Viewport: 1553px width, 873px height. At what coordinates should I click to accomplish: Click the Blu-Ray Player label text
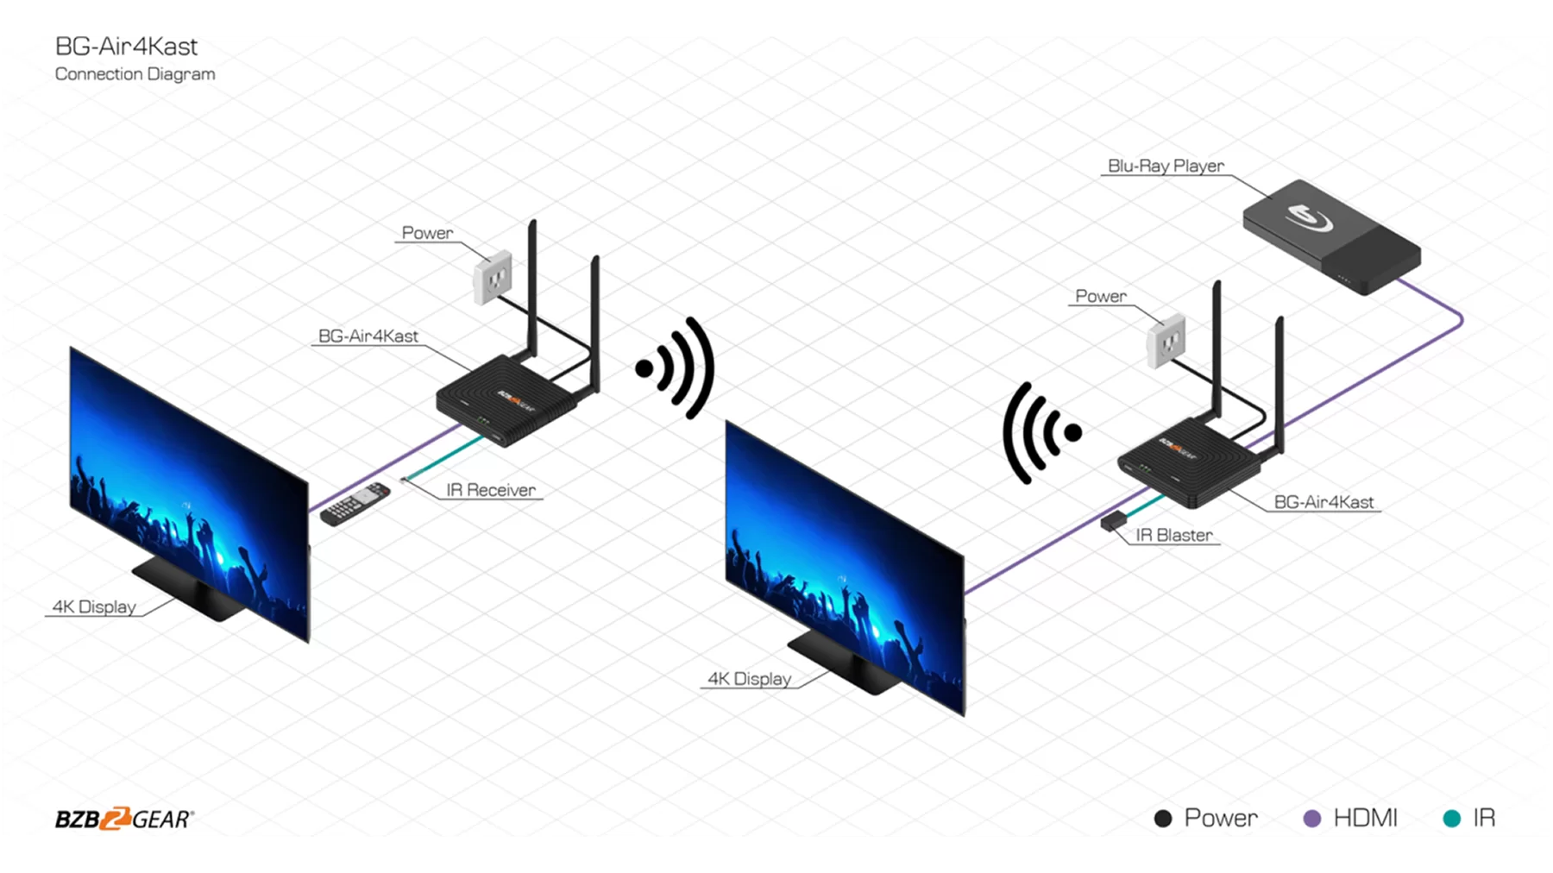click(1166, 166)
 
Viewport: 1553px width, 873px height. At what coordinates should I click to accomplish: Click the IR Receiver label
click(490, 490)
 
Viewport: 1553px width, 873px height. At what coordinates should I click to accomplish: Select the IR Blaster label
click(1173, 535)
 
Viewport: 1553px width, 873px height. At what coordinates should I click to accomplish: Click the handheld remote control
click(355, 505)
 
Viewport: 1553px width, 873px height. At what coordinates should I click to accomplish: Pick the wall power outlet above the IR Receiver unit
click(493, 277)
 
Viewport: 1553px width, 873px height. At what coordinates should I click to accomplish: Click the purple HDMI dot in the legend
click(1311, 819)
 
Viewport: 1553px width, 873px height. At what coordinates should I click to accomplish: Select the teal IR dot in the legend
click(1452, 819)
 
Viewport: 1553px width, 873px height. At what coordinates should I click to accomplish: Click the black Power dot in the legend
click(1163, 819)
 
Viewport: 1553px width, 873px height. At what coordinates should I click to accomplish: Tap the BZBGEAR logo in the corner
click(124, 819)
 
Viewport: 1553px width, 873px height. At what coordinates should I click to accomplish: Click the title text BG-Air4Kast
click(126, 47)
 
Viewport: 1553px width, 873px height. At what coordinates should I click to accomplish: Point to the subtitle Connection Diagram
click(135, 74)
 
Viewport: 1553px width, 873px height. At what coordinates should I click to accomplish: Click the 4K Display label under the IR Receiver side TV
click(94, 606)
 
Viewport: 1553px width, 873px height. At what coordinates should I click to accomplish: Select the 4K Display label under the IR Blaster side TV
click(749, 679)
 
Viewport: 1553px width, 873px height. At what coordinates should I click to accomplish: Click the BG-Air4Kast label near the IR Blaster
click(1324, 502)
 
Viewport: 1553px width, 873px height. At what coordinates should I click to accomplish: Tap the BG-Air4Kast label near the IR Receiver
click(368, 336)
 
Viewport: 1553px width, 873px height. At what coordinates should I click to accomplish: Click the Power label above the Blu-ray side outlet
click(1100, 296)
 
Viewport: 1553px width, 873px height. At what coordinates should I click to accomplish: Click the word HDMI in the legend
click(1365, 818)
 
